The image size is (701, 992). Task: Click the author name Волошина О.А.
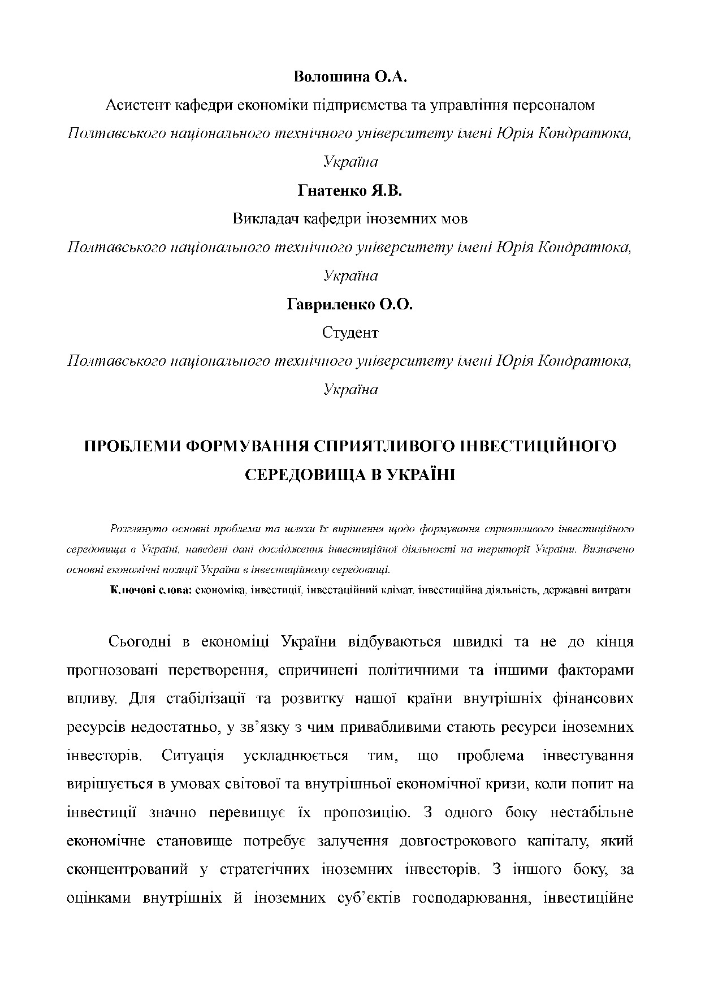(350, 77)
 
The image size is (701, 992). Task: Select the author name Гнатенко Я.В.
(350, 191)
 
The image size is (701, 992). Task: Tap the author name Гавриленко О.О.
(350, 304)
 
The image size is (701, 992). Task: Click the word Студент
(350, 333)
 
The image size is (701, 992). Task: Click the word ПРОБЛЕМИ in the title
(132, 446)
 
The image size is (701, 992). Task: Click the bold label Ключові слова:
(151, 590)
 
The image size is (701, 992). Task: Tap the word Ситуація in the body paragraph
(193, 756)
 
